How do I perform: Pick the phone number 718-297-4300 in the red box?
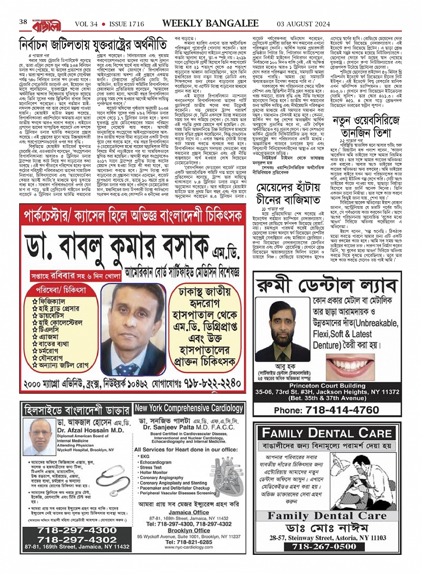(x=77, y=530)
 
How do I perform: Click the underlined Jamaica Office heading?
(x=189, y=512)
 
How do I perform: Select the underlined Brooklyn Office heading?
(x=189, y=530)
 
